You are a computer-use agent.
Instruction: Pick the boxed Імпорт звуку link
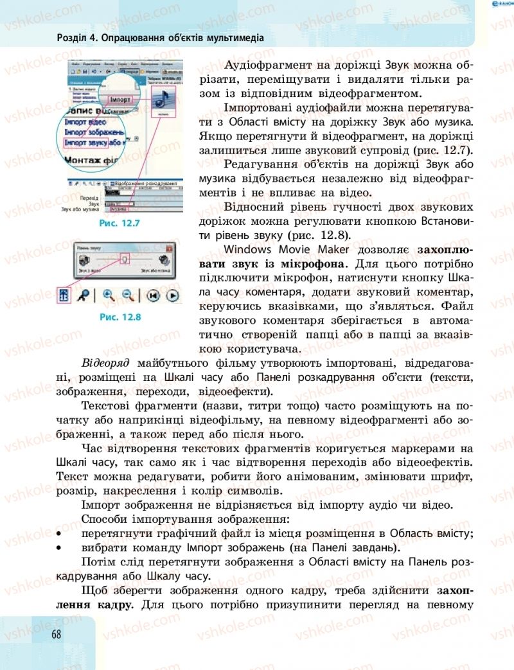(94, 143)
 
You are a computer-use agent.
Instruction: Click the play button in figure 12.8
(172, 295)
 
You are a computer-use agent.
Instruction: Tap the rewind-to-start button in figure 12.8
(153, 295)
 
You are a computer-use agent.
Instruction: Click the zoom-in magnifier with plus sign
(108, 295)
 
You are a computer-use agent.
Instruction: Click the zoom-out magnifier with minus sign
(128, 295)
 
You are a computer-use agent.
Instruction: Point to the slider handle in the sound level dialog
(126, 258)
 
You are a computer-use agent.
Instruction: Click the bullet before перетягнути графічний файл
(60, 534)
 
